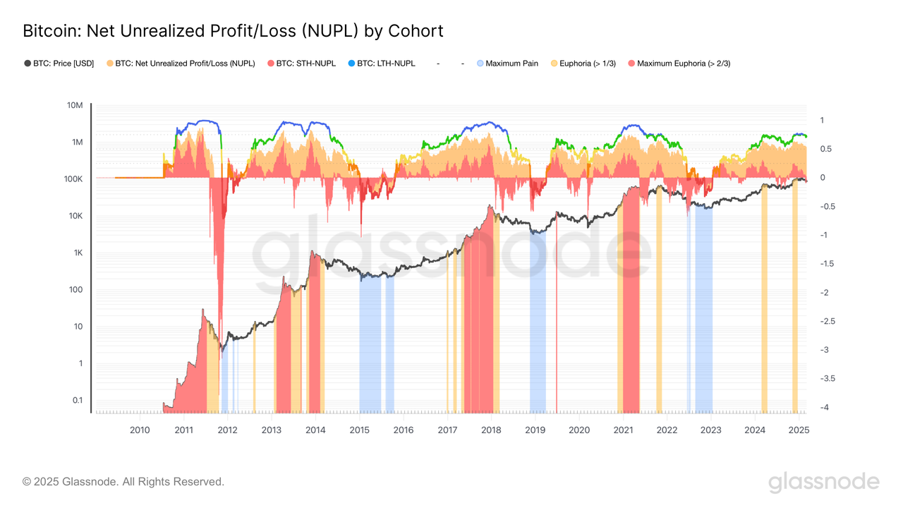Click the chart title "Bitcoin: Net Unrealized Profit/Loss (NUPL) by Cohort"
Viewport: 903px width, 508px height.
click(x=233, y=31)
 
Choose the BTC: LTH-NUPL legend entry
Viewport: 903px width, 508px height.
click(x=382, y=64)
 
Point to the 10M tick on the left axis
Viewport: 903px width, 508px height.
click(x=74, y=106)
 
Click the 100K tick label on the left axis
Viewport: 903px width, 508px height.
click(x=73, y=179)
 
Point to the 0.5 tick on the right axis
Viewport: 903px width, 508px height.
click(x=825, y=149)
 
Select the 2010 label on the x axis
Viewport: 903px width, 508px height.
click(x=140, y=430)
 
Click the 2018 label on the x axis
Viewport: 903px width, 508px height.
click(x=491, y=430)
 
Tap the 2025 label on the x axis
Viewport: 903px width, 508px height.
click(x=799, y=430)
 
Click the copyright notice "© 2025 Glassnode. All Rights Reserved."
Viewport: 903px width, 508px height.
click(x=123, y=482)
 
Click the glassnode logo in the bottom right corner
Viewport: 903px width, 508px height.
click(x=823, y=483)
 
